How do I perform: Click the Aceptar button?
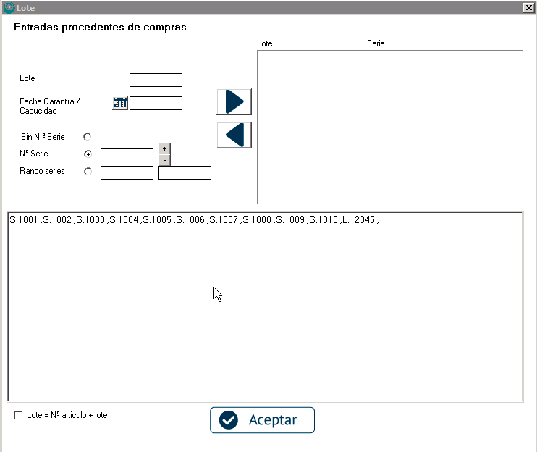(x=262, y=420)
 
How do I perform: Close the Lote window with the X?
(x=528, y=7)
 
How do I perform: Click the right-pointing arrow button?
(x=234, y=102)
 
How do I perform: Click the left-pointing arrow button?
(x=234, y=135)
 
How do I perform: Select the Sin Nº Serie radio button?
(x=88, y=137)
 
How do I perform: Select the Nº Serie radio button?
(x=88, y=154)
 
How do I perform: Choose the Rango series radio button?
(x=88, y=172)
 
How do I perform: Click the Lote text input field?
(x=156, y=80)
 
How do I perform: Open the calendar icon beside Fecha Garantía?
(x=120, y=103)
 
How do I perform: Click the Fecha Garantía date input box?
(x=156, y=103)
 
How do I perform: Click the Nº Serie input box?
(x=127, y=155)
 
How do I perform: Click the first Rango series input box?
(x=127, y=172)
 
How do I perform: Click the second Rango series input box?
(x=185, y=172)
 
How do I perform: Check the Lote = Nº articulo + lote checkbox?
(x=18, y=415)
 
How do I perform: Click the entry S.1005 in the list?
(x=157, y=219)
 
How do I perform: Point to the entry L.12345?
(x=358, y=219)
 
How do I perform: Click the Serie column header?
(x=376, y=43)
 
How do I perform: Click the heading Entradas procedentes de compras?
(x=100, y=27)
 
